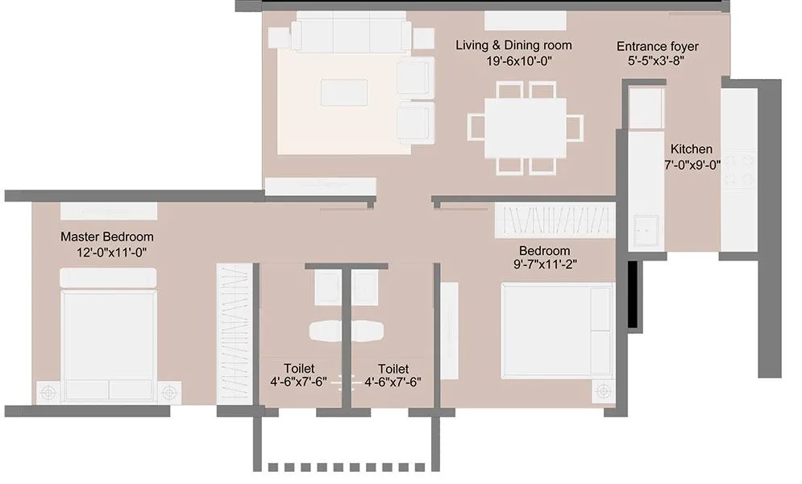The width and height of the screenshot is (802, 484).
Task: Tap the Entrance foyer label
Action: (x=657, y=46)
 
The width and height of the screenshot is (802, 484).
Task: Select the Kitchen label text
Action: (x=691, y=149)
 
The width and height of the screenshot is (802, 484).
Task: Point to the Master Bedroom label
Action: (x=106, y=237)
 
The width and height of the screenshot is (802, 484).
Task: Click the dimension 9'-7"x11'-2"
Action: (x=544, y=264)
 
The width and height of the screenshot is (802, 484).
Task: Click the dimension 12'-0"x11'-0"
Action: (x=106, y=252)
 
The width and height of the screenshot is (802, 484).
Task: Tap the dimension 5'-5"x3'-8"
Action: (x=657, y=60)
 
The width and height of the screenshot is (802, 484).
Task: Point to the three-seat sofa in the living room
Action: (x=351, y=35)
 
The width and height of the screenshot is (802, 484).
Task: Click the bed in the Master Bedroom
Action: (x=109, y=339)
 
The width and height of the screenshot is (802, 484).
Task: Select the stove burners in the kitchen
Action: (x=739, y=170)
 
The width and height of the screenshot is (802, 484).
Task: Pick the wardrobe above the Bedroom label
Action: (x=553, y=218)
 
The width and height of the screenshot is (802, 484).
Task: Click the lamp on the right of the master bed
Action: (x=168, y=393)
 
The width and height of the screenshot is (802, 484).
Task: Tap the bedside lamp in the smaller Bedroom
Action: (x=600, y=392)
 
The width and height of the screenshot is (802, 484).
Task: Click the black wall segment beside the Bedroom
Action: (x=633, y=295)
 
